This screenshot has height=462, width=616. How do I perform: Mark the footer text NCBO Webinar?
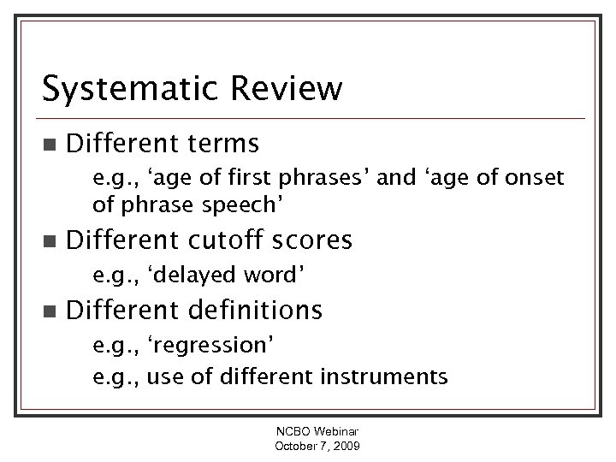pyautogui.click(x=317, y=434)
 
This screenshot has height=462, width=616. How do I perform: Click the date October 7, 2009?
pyautogui.click(x=317, y=447)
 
